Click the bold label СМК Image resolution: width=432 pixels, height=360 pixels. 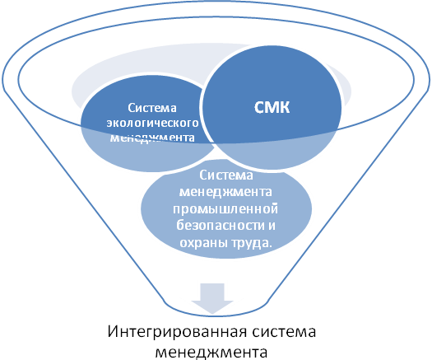click(272, 107)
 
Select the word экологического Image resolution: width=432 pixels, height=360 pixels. click(152, 123)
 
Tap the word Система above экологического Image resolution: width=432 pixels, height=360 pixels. click(152, 108)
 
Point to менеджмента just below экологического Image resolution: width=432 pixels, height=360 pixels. click(152, 138)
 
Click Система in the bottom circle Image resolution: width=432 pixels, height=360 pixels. click(226, 175)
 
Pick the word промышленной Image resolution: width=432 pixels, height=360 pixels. click(225, 209)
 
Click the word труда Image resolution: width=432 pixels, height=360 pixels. click(249, 243)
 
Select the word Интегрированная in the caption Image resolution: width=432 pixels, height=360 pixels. click(177, 332)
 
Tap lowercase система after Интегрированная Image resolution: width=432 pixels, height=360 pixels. click(284, 332)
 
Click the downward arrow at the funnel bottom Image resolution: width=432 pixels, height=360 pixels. click(212, 298)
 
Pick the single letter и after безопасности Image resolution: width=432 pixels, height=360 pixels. click(272, 226)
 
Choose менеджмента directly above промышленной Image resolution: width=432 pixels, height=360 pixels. click(225, 192)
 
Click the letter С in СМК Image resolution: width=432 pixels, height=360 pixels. click(259, 107)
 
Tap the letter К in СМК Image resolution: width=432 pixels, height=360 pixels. click(286, 107)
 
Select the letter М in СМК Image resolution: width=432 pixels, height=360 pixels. click(272, 107)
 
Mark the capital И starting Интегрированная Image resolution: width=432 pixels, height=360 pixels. click(112, 331)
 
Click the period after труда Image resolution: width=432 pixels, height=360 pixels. click(269, 246)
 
